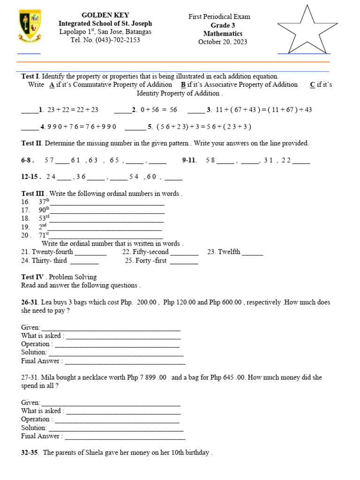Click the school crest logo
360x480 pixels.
30,26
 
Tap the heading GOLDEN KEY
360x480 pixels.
105,15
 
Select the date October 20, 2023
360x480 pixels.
223,42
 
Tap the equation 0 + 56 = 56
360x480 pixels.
157,110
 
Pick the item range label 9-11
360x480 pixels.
189,160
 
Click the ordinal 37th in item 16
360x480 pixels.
44,201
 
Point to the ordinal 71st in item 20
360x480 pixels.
44,235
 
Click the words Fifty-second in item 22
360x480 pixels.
150,252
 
